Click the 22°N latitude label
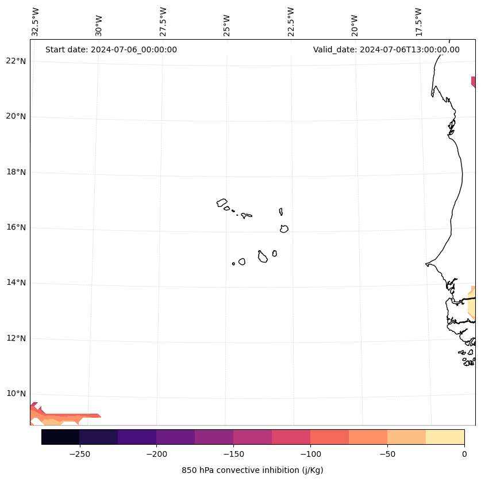pyautogui.click(x=16, y=61)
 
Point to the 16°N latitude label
pyautogui.click(x=16, y=227)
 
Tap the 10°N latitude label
pyautogui.click(x=16, y=394)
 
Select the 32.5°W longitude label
pyautogui.click(x=36, y=22)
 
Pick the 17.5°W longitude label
pyautogui.click(x=419, y=22)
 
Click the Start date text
pyautogui.click(x=111, y=49)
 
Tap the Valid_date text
pyautogui.click(x=386, y=49)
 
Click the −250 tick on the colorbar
pyautogui.click(x=79, y=454)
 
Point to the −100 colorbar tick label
pyautogui.click(x=310, y=454)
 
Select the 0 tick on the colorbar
pyautogui.click(x=464, y=454)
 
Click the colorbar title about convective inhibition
pyautogui.click(x=252, y=470)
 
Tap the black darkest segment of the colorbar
pyautogui.click(x=60, y=437)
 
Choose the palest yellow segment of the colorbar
pyautogui.click(x=445, y=437)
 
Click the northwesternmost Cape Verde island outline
pyautogui.click(x=222, y=203)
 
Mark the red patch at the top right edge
pyautogui.click(x=473, y=82)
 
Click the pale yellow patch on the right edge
pyautogui.click(x=472, y=302)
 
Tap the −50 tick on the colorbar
pyautogui.click(x=387, y=454)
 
